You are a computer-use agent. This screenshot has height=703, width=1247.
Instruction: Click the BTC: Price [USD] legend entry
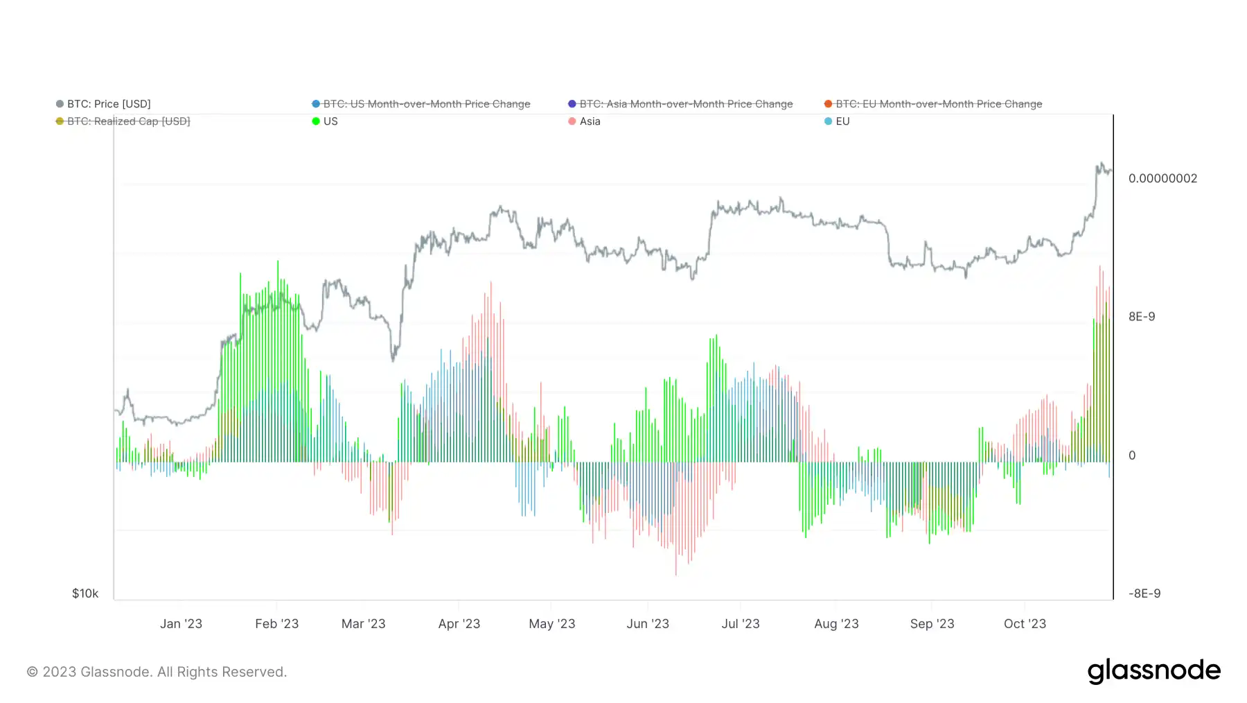(108, 104)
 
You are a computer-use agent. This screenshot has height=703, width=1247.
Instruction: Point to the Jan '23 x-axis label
(181, 624)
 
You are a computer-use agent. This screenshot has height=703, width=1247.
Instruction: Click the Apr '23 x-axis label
(459, 624)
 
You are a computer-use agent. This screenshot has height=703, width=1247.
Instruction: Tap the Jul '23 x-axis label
(741, 624)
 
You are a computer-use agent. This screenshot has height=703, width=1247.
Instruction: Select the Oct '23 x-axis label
(1025, 624)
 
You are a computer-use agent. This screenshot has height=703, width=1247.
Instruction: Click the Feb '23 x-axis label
(276, 624)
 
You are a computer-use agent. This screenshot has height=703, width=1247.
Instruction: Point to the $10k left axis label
(85, 593)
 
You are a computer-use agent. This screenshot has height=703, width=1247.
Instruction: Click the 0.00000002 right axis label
(1162, 178)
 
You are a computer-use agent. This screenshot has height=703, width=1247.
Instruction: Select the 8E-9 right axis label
(1142, 317)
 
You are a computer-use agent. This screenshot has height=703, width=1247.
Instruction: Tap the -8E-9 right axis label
(1144, 593)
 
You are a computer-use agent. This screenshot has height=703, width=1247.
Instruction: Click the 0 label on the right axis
(1132, 455)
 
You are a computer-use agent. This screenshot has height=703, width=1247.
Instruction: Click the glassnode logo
(1153, 671)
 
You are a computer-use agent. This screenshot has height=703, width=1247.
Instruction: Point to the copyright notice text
(157, 672)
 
